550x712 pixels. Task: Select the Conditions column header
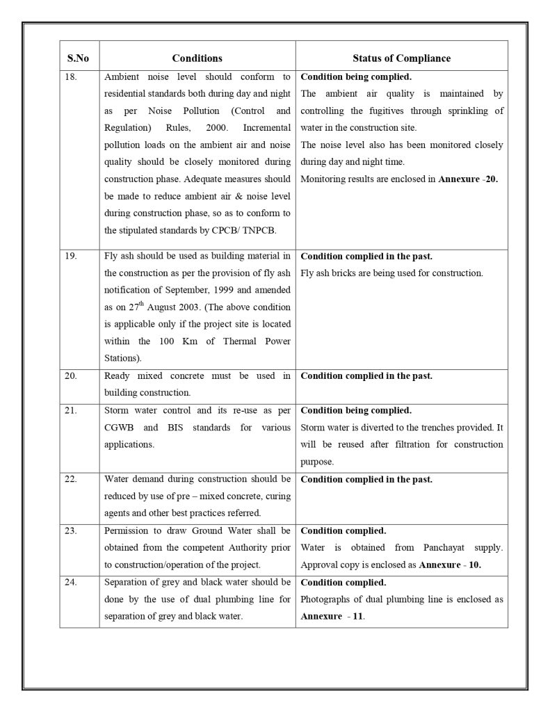(197, 58)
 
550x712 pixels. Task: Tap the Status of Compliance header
(401, 58)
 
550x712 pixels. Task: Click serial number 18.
(70, 77)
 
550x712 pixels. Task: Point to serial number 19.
(70, 257)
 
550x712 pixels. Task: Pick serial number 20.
(70, 376)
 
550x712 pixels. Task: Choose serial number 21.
(70, 410)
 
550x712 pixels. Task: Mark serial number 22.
(70, 479)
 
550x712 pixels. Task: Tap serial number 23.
(70, 531)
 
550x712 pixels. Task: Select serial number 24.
(70, 582)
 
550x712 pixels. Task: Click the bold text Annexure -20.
(468, 179)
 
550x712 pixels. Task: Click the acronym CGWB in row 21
(119, 428)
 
